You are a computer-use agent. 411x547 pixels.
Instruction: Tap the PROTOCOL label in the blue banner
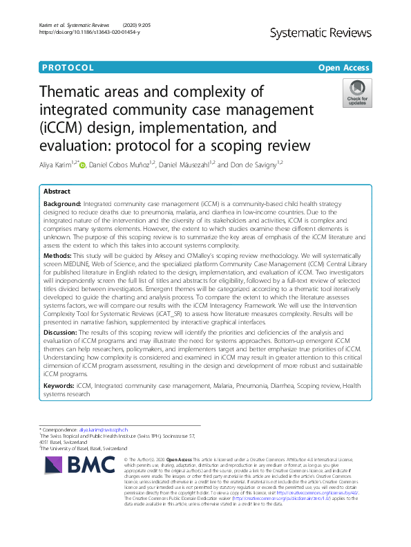(68, 68)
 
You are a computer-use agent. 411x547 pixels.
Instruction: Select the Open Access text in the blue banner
(345, 68)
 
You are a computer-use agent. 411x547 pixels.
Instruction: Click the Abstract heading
(57, 191)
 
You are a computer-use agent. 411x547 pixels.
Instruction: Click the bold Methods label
(58, 275)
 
